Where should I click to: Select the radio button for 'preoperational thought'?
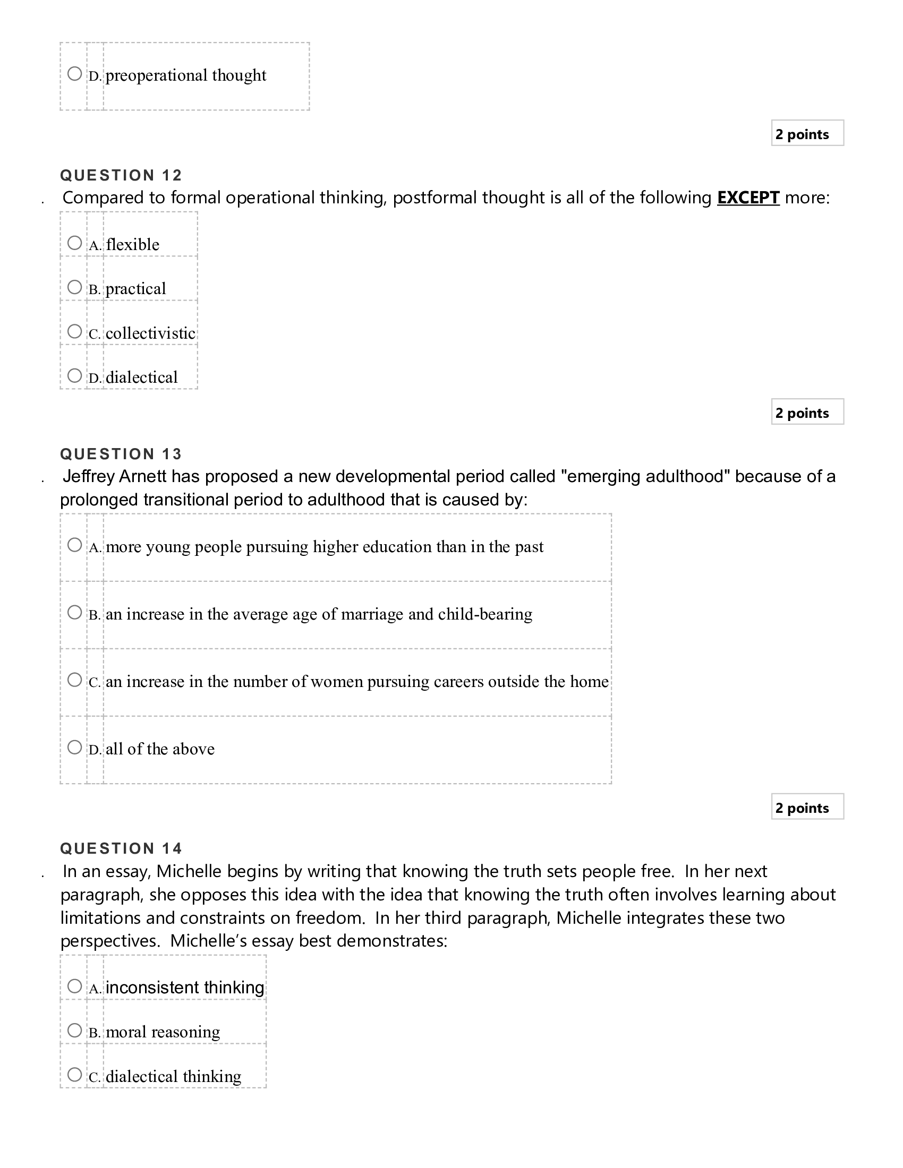pos(75,73)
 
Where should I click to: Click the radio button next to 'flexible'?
pos(75,243)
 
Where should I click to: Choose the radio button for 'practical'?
pos(75,287)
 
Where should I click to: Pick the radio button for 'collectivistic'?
pos(75,332)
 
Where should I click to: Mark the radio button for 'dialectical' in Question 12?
pos(75,375)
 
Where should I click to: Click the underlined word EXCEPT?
pos(748,198)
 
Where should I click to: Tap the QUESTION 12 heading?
pos(122,175)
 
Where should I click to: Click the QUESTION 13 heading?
pos(122,454)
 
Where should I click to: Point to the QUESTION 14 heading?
pos(122,848)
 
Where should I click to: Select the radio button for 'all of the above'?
pos(75,747)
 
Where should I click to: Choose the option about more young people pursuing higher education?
pos(75,545)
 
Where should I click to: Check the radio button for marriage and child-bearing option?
pos(75,612)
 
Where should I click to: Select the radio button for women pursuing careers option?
pos(75,680)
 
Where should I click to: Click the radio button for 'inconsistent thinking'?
pos(75,986)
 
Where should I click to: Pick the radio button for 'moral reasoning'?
pos(75,1030)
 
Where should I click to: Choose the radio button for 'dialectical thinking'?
pos(75,1075)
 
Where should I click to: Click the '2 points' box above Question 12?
pos(807,133)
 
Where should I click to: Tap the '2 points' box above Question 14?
pos(807,807)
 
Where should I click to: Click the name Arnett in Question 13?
pos(142,477)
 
